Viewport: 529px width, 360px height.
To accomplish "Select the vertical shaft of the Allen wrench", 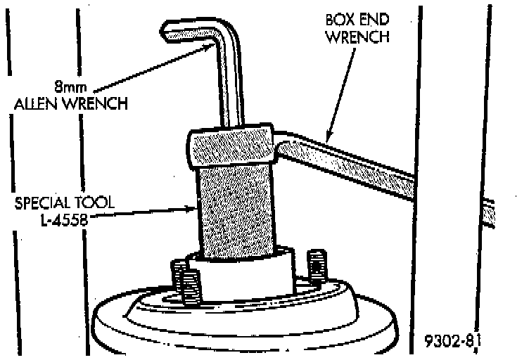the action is (230, 84).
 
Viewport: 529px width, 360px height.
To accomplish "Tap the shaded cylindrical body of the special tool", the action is (235, 211).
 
